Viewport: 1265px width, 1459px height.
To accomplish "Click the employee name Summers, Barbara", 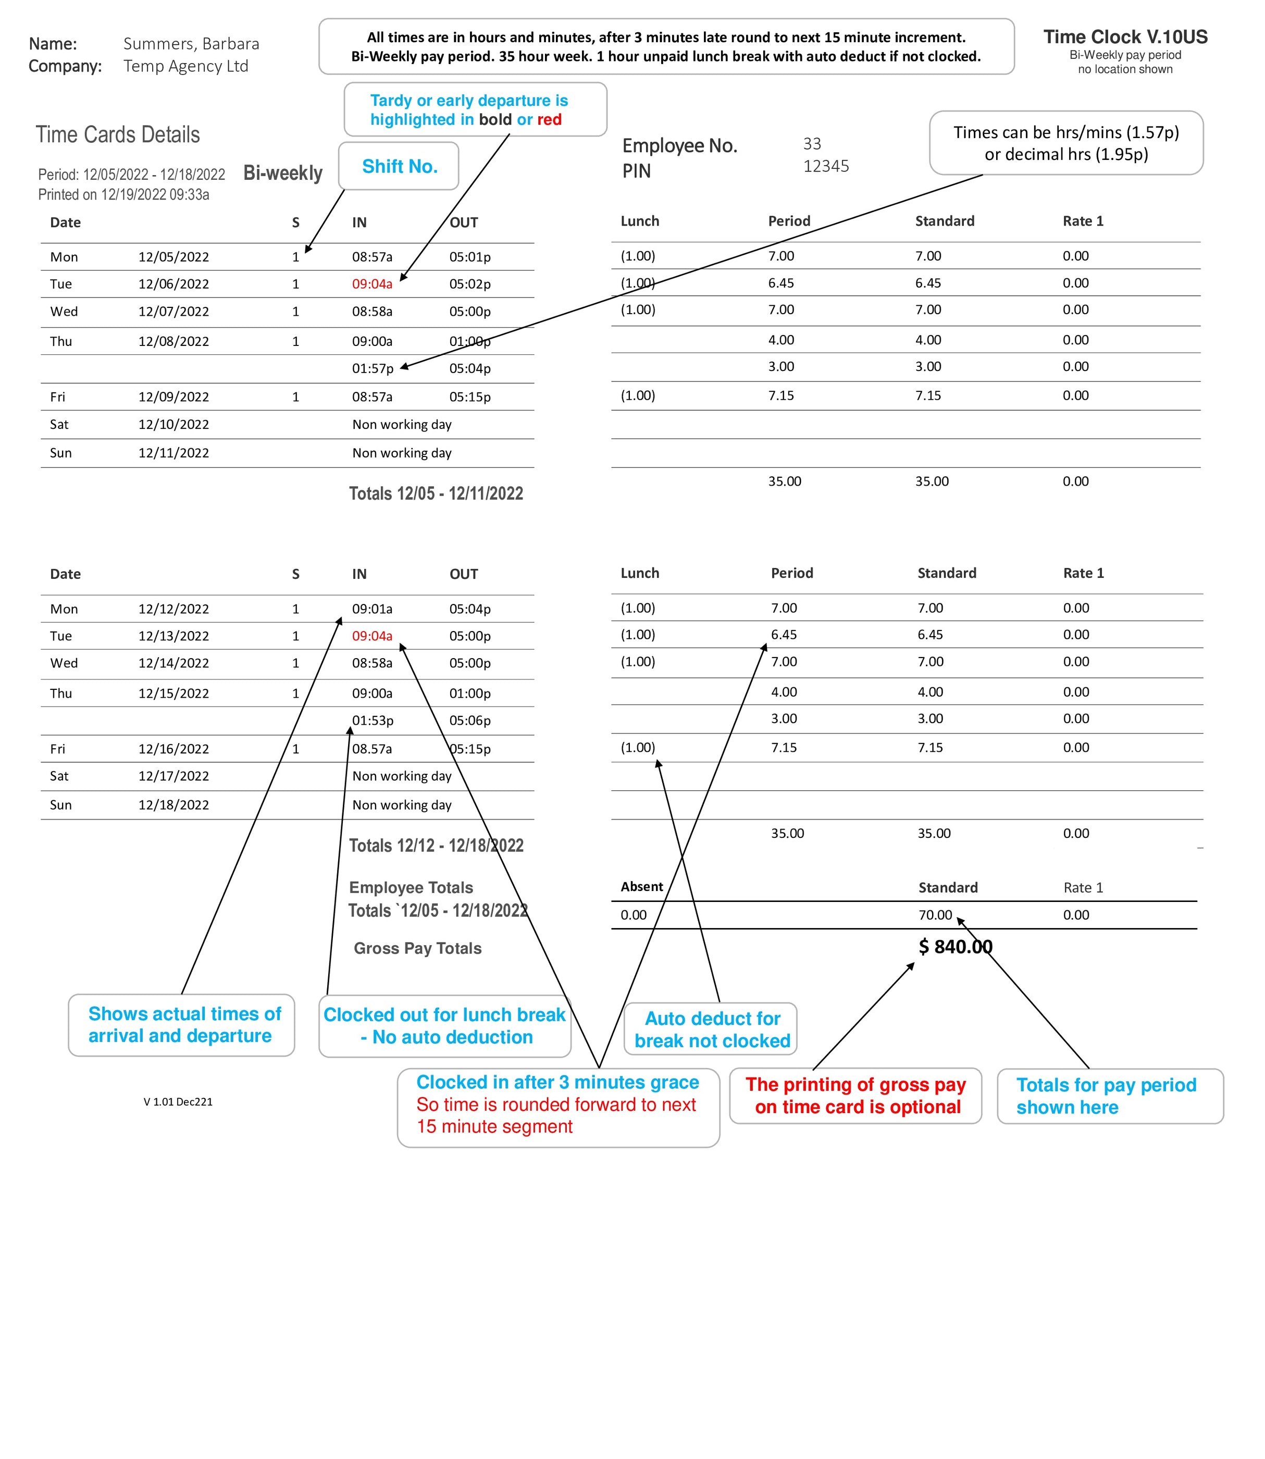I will coord(191,44).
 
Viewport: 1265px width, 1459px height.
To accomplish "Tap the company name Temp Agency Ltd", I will coord(185,66).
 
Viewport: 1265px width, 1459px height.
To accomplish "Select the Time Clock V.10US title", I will coord(1125,36).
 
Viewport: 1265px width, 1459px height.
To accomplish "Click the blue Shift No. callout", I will coord(400,167).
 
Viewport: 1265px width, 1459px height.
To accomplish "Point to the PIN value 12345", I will coord(826,167).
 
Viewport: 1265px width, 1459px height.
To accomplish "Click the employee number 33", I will coord(812,144).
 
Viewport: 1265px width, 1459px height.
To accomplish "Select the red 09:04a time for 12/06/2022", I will coord(372,284).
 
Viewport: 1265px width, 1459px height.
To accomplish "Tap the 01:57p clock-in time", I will coord(373,368).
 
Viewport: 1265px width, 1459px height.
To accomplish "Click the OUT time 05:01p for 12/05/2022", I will coord(469,257).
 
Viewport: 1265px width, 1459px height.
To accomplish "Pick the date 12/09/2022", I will coord(173,397).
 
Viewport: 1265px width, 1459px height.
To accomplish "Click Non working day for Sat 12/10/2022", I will coord(402,424).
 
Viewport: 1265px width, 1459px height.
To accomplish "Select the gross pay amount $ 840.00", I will coord(955,947).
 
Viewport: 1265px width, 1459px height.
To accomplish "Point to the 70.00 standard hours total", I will coord(935,915).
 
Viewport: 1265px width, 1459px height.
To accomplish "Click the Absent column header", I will coord(642,886).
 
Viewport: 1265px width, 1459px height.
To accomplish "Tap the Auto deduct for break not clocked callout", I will coord(712,1029).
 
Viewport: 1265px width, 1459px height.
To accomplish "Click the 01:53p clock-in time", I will coord(373,721).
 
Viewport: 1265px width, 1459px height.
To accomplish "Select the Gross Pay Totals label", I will coord(417,948).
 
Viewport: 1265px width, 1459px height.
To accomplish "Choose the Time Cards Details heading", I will coord(118,135).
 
